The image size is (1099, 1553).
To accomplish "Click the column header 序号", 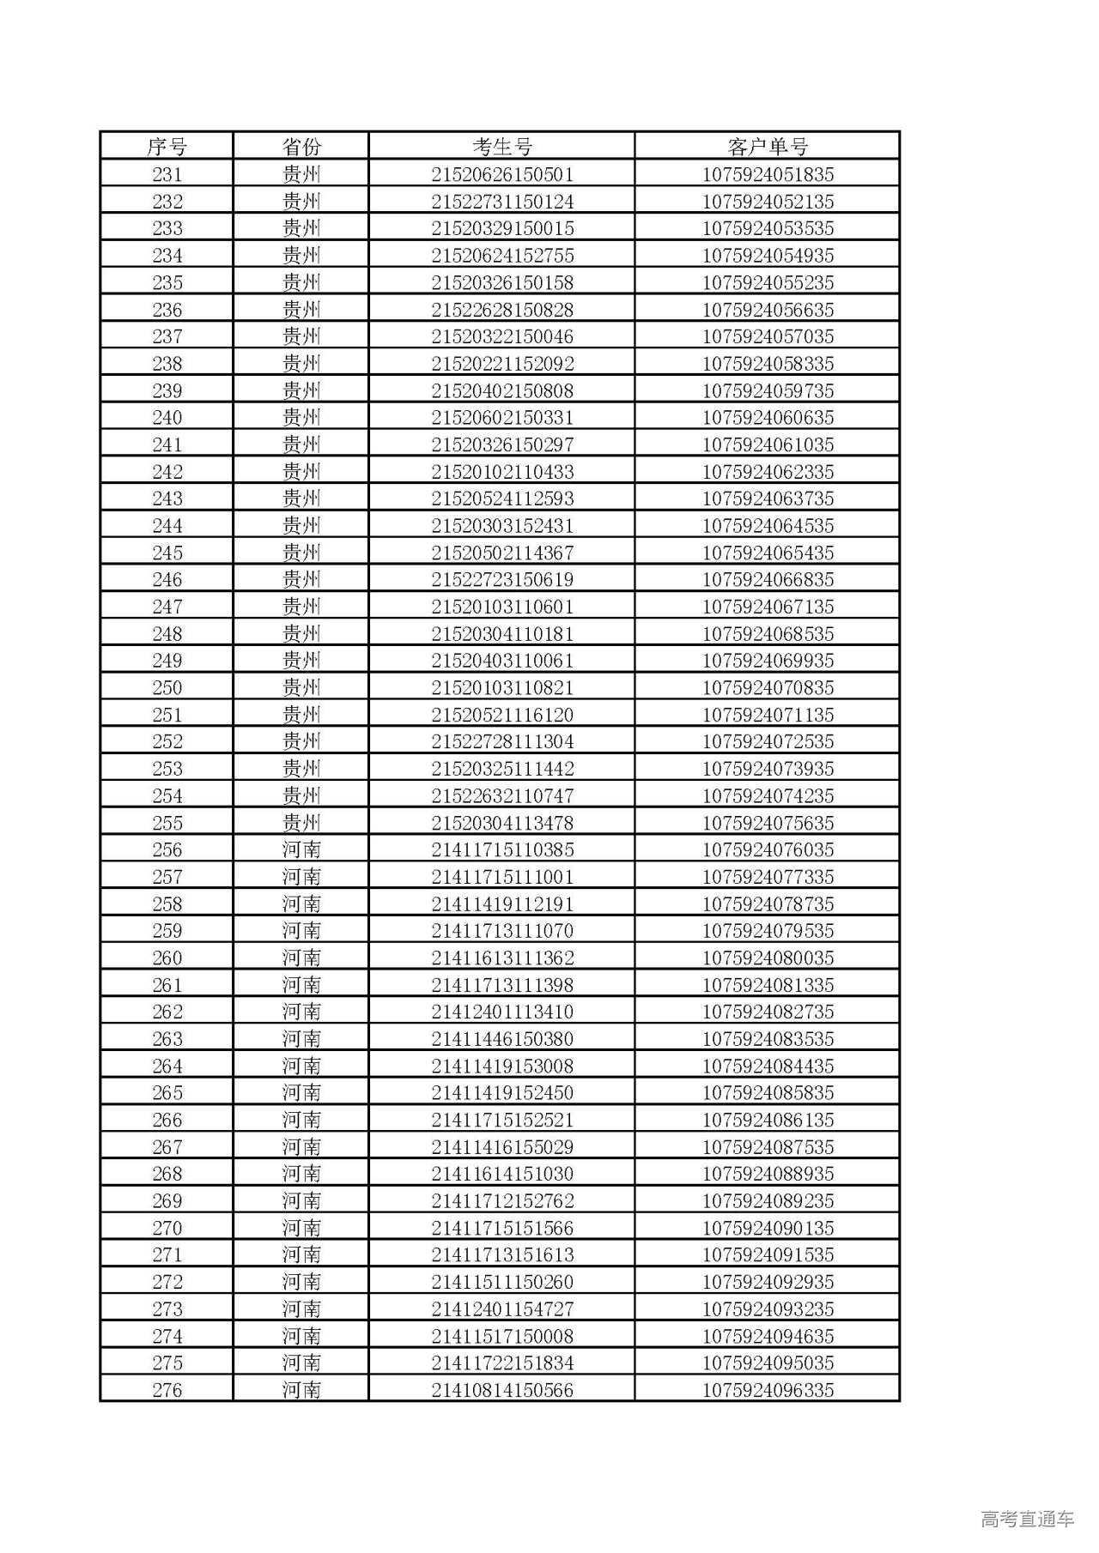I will (167, 147).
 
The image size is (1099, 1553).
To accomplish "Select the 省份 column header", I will (301, 147).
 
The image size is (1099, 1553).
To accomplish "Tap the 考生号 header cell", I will (502, 147).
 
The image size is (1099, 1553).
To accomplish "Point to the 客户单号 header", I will (768, 147).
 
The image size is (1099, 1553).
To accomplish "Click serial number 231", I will (167, 174).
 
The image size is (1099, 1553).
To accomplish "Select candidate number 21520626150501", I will (502, 174).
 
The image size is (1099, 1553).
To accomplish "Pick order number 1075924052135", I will (768, 202).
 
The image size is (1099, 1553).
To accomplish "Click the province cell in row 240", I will (301, 418).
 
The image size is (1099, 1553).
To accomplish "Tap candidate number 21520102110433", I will (502, 472).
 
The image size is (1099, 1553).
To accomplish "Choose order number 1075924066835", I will (768, 580).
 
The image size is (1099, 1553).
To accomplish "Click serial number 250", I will (167, 688).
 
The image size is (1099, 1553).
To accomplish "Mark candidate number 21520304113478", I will (502, 823).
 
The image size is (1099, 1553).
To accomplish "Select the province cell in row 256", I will (301, 850).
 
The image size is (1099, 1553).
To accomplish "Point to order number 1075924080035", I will (768, 958).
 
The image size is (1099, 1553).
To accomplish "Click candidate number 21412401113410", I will (502, 1012).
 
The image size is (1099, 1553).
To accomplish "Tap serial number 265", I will (167, 1093).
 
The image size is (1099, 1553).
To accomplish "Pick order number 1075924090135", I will (768, 1228).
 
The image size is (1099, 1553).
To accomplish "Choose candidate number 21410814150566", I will (502, 1390).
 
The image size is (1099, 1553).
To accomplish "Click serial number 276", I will (167, 1390).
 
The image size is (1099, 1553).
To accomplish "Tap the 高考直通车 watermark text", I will (1027, 1519).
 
